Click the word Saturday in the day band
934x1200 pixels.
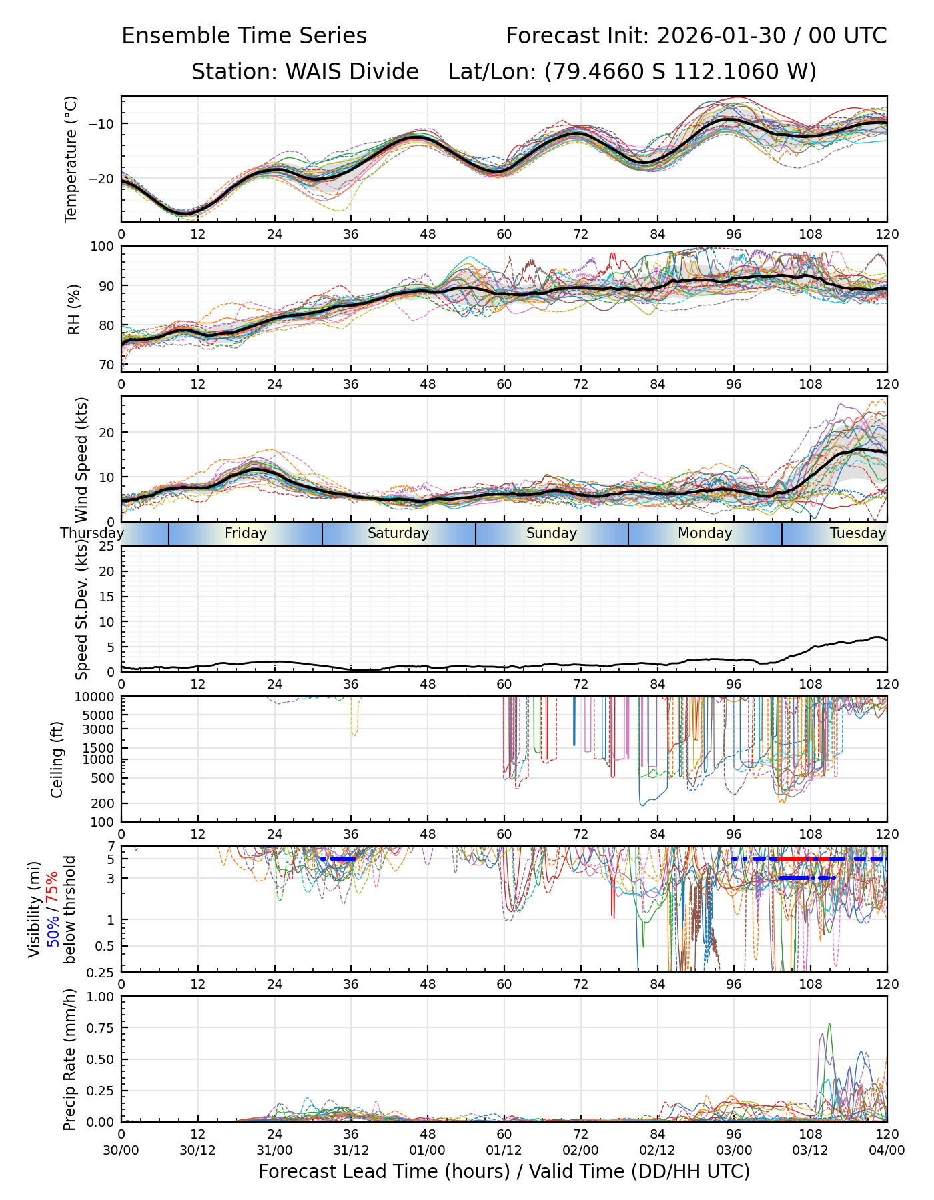point(398,533)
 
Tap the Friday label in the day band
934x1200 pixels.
point(246,533)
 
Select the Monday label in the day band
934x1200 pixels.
point(705,533)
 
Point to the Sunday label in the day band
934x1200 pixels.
point(551,533)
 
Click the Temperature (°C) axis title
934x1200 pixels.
point(71,159)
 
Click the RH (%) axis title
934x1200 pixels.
point(74,309)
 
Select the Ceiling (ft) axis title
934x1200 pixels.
point(57,759)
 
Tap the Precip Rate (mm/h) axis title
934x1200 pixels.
point(69,1059)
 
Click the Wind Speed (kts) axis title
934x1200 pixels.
point(81,459)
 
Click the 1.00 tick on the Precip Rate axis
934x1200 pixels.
point(101,997)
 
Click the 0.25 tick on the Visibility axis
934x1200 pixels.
point(101,972)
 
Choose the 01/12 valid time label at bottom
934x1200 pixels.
point(504,1151)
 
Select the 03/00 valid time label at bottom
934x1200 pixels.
point(734,1151)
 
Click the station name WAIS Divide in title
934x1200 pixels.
point(352,71)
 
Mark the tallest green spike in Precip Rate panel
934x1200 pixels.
point(829,1025)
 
